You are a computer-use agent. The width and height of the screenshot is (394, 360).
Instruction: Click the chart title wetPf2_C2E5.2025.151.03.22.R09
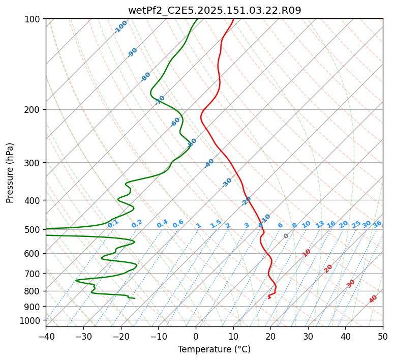(x=214, y=10)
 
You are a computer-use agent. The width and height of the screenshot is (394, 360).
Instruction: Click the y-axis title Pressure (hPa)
(x=10, y=172)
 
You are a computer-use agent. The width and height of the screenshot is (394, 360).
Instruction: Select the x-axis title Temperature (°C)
(x=214, y=349)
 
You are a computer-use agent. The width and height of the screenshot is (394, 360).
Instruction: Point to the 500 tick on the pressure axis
(x=34, y=230)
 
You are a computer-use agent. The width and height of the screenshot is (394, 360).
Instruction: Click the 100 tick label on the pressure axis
(x=34, y=19)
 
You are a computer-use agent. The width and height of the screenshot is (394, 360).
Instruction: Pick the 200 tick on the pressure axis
(x=34, y=110)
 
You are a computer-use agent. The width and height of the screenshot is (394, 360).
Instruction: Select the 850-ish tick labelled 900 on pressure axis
(x=34, y=306)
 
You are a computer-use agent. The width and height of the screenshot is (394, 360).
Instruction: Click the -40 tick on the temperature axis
(x=46, y=336)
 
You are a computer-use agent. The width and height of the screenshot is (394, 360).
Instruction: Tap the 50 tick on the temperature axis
(x=383, y=336)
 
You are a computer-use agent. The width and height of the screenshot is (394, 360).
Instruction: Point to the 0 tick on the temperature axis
(x=196, y=336)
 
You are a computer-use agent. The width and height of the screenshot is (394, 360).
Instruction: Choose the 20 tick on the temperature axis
(x=270, y=336)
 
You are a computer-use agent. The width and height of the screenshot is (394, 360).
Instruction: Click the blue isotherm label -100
(x=121, y=26)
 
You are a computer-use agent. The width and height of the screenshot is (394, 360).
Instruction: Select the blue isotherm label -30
(x=227, y=182)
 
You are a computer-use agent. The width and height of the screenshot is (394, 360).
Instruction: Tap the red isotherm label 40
(x=373, y=299)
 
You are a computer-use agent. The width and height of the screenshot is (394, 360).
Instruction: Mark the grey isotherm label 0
(x=286, y=236)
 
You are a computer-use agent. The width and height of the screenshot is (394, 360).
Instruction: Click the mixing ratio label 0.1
(x=113, y=223)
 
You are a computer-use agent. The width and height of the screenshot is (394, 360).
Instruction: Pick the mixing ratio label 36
(x=377, y=224)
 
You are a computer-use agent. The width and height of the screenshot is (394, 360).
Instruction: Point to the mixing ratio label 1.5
(x=216, y=224)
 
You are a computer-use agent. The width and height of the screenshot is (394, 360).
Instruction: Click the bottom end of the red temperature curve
(x=269, y=298)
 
